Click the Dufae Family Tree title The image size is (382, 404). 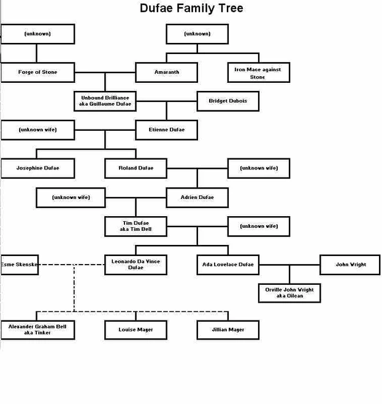pyautogui.click(x=191, y=9)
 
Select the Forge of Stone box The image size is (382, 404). pyautogui.click(x=37, y=72)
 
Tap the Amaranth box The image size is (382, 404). pyautogui.click(x=166, y=72)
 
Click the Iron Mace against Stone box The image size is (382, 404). pyautogui.click(x=258, y=73)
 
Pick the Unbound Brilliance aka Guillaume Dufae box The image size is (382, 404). pyautogui.click(x=105, y=101)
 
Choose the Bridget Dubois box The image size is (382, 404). pyautogui.click(x=227, y=101)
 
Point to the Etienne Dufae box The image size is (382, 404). pyautogui.click(x=166, y=130)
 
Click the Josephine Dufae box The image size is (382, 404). pyautogui.click(x=37, y=168)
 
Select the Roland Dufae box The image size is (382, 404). pyautogui.click(x=136, y=168)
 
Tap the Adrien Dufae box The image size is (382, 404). pyautogui.click(x=197, y=197)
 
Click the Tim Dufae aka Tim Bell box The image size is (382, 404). pyautogui.click(x=136, y=226)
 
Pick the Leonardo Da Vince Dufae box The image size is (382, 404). pyautogui.click(x=136, y=265)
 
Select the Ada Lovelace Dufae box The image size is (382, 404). pyautogui.click(x=227, y=265)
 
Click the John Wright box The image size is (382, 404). pyautogui.click(x=351, y=265)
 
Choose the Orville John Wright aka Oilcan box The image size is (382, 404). pyautogui.click(x=289, y=293)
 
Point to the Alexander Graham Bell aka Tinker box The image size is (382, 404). pyautogui.click(x=37, y=330)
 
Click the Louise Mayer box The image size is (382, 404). pyautogui.click(x=136, y=330)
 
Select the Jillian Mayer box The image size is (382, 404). pyautogui.click(x=227, y=330)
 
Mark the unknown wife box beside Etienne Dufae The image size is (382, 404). pyautogui.click(x=37, y=130)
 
